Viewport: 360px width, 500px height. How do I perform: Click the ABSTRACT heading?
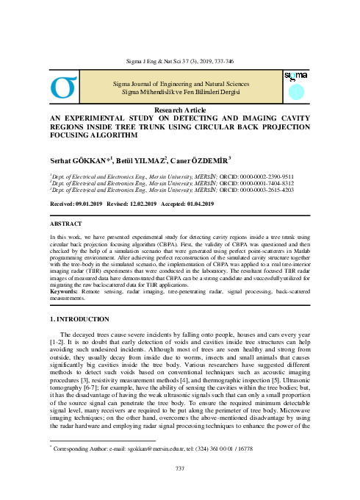coord(66,221)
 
